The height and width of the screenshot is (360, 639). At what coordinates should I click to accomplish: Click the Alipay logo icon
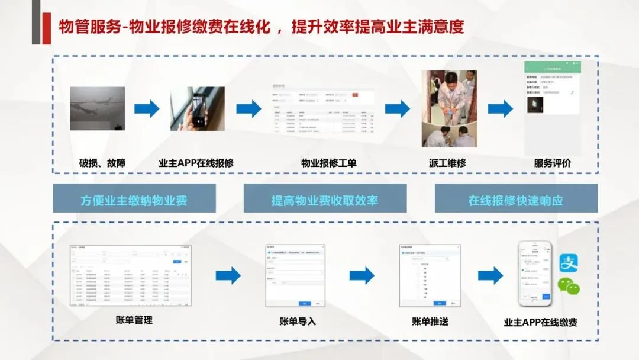tap(569, 262)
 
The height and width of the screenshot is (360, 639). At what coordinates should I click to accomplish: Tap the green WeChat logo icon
tap(569, 287)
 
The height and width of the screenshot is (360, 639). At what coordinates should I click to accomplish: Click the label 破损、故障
tap(102, 163)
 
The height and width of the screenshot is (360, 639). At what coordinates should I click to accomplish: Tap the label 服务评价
tap(553, 163)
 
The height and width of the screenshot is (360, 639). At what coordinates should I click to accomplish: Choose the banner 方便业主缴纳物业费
tap(134, 200)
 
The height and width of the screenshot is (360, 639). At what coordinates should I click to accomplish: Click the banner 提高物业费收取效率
tap(325, 200)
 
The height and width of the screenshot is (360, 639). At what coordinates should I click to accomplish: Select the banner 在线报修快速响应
tap(516, 200)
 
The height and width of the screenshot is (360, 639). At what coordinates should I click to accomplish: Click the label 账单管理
tap(134, 320)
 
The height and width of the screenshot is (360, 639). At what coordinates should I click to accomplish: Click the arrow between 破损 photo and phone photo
tap(147, 109)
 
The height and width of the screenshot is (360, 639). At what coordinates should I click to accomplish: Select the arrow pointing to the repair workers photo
tap(397, 109)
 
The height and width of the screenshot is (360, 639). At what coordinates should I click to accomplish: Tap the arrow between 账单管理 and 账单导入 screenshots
tap(228, 275)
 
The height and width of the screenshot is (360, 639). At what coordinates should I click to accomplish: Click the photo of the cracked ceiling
tap(97, 108)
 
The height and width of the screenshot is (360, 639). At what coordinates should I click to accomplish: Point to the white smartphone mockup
tap(535, 273)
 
